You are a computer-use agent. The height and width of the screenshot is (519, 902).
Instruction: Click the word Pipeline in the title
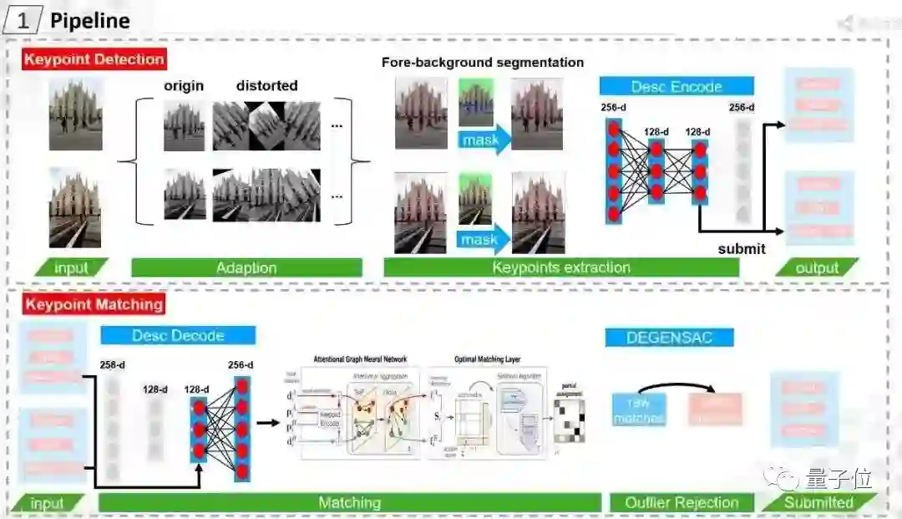90,20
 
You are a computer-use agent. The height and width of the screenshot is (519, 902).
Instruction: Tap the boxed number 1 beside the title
23,20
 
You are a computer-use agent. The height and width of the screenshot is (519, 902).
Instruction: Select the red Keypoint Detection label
94,59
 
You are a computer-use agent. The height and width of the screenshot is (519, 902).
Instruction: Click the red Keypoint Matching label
94,304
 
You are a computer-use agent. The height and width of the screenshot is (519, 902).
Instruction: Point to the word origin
184,85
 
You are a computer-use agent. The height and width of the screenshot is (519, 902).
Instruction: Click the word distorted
266,85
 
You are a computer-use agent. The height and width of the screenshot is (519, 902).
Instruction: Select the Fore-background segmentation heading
483,63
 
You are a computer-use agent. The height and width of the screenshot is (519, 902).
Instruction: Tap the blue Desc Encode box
676,86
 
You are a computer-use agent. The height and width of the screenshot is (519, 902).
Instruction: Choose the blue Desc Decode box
178,335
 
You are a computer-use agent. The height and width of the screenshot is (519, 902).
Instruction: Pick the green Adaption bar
246,267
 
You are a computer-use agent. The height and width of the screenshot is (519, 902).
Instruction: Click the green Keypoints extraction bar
561,267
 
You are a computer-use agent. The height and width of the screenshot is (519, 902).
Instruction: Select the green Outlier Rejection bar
682,502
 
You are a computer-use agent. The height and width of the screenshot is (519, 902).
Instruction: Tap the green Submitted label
818,502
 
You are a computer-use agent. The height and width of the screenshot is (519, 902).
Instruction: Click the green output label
817,267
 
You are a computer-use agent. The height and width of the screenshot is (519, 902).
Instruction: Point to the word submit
742,248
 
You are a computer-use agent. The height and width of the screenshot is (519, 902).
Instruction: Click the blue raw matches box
638,410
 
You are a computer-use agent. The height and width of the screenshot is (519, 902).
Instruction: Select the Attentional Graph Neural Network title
360,359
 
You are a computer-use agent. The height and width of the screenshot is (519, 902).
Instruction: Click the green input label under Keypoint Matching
47,503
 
